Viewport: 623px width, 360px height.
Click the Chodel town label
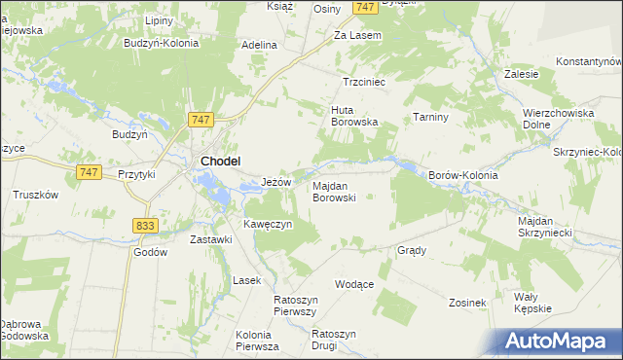pos(221,162)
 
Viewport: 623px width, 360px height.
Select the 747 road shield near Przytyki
pos(88,171)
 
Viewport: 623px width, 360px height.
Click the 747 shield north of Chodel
pos(201,120)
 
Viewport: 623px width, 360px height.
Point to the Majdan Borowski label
pos(334,191)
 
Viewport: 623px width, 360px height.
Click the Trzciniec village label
pos(365,83)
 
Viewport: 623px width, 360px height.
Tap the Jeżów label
pos(277,182)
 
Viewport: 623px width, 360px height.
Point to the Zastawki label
pos(211,239)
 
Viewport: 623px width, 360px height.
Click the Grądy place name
pos(412,250)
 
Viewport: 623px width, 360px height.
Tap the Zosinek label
pos(467,303)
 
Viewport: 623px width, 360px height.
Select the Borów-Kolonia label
pos(463,175)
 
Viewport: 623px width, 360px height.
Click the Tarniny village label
pos(429,117)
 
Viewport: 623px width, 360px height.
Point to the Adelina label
pos(260,45)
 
